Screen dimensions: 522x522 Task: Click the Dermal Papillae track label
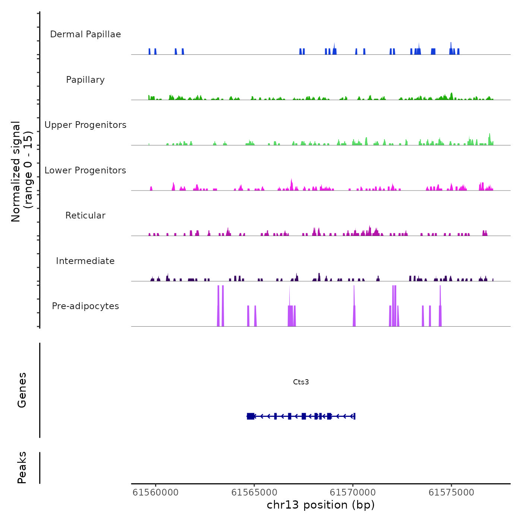(x=85, y=34)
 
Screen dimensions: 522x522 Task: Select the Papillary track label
(x=85, y=80)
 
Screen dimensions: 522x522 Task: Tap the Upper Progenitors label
(x=85, y=125)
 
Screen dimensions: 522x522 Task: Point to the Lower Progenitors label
(x=85, y=170)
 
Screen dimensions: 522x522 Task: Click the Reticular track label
(x=85, y=216)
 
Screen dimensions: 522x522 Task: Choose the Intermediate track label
(x=85, y=261)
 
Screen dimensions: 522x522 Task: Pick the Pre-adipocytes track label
(x=85, y=306)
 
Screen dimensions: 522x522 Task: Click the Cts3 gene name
(x=301, y=382)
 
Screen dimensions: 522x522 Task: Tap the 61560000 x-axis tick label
(x=155, y=493)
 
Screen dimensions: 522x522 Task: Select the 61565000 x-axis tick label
(x=254, y=493)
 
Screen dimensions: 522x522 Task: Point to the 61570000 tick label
(x=353, y=493)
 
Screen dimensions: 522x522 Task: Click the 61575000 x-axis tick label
(x=451, y=493)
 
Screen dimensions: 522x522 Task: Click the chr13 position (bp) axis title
(x=321, y=505)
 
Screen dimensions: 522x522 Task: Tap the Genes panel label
(x=22, y=390)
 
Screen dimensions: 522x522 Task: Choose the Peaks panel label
(x=22, y=468)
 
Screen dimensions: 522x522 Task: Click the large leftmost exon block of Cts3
(x=251, y=416)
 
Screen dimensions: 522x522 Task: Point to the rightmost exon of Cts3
(x=354, y=416)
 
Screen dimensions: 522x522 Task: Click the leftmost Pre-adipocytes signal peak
(x=218, y=306)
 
